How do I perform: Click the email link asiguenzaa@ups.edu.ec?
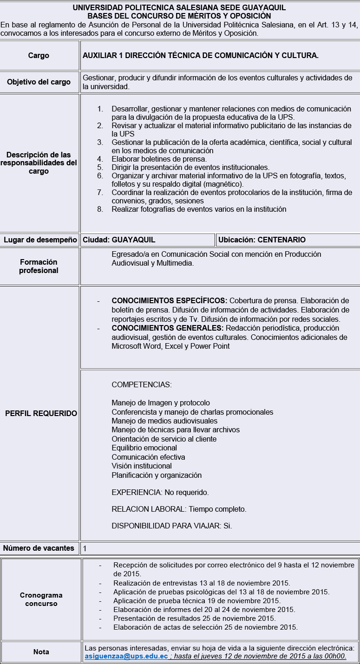pos(126,656)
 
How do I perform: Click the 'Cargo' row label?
pos(39,55)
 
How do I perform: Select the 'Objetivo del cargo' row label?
pos(39,82)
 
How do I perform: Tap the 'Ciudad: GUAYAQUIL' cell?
pos(119,240)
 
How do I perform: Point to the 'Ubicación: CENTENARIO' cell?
pos(262,240)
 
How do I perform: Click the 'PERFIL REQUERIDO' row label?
pos(41,413)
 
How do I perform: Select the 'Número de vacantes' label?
pos(39,548)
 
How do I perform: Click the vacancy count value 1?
pos(85,548)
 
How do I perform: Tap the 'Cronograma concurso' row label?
pos(41,599)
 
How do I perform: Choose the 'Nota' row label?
pos(41,652)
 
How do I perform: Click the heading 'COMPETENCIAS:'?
pos(142,384)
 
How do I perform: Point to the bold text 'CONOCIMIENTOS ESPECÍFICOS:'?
pos(169,301)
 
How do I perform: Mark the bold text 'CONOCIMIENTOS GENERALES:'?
pos(167,328)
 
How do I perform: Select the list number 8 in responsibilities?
pos(100,209)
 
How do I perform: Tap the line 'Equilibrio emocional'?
pos(144,448)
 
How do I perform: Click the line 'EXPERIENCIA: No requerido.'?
pos(160,492)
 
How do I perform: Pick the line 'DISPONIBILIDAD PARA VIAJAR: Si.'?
pos(172,526)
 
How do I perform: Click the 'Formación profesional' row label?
pos(39,266)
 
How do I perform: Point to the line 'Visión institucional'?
pos(142,466)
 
